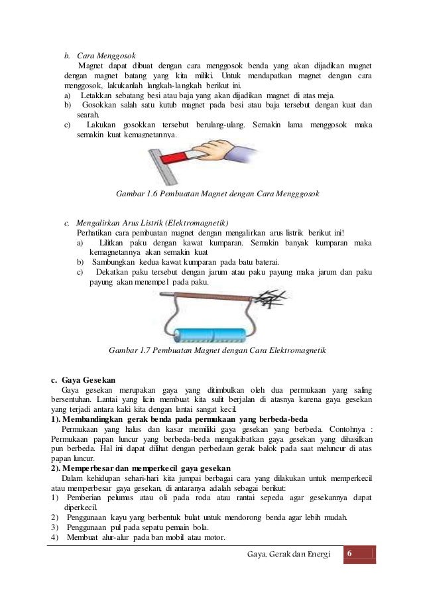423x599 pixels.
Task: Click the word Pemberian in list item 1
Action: (87, 498)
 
